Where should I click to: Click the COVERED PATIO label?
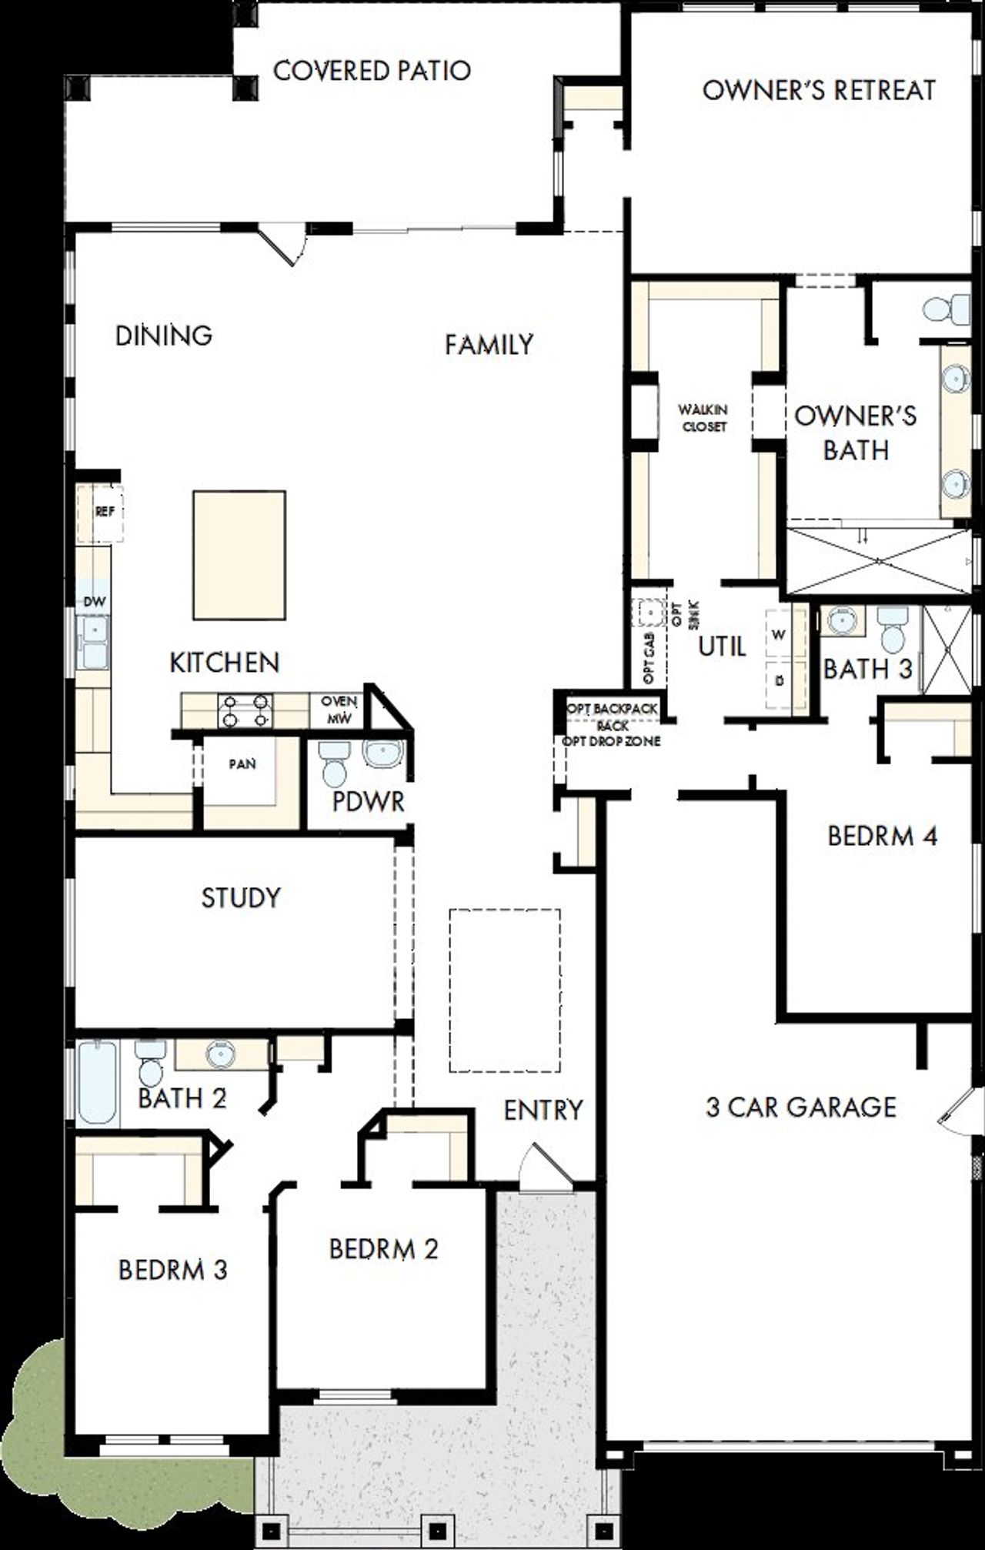[372, 71]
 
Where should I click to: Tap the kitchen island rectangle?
[239, 555]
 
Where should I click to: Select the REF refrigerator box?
[101, 512]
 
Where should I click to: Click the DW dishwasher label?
[94, 602]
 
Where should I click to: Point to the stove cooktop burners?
[245, 710]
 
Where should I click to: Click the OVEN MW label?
[339, 710]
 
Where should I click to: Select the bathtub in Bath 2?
[98, 1081]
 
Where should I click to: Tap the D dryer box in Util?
[780, 682]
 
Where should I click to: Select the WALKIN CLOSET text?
[703, 418]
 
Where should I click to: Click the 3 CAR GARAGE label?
[801, 1107]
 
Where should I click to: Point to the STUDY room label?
[240, 897]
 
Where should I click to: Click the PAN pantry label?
[242, 764]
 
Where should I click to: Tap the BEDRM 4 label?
[882, 836]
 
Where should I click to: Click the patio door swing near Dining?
[285, 245]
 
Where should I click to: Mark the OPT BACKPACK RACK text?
[613, 716]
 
